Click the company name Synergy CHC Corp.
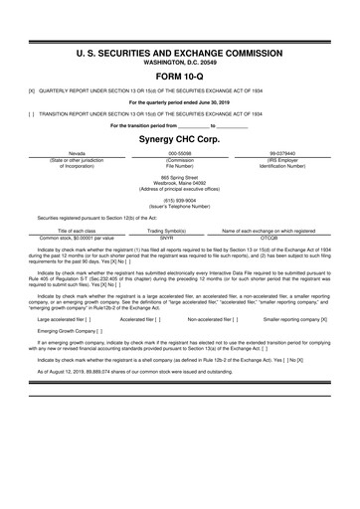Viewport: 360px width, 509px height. (x=179, y=140)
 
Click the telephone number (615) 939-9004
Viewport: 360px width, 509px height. (x=179, y=198)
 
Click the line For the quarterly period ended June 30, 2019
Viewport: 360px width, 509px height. (x=179, y=101)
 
